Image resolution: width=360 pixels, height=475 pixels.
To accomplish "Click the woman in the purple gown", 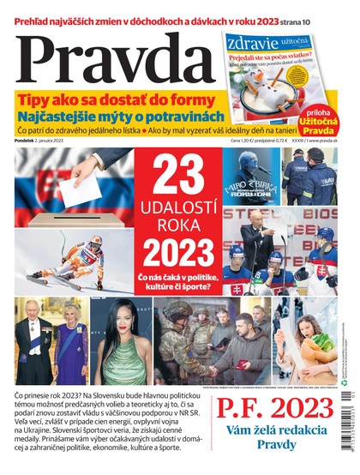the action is click(x=70, y=343).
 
